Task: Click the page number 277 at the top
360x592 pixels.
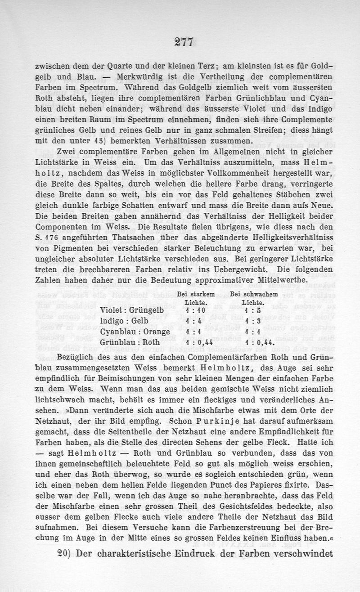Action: coord(180,42)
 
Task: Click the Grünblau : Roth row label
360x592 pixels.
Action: coord(132,343)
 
